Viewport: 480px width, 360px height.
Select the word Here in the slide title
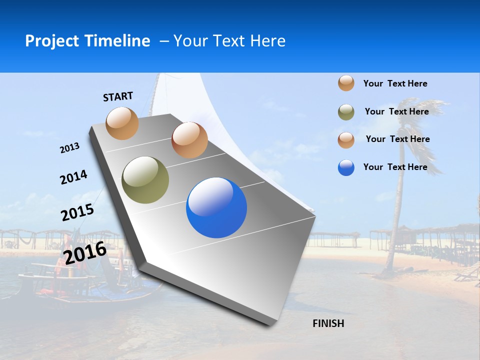click(x=267, y=41)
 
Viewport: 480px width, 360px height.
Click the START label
click(x=118, y=96)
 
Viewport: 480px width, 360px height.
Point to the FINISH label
click(x=328, y=323)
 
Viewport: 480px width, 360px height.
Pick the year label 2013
click(x=69, y=148)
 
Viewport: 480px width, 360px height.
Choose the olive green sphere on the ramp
click(x=145, y=180)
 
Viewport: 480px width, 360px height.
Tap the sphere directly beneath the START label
click(x=122, y=123)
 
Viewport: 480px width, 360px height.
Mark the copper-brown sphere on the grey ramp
click(x=189, y=140)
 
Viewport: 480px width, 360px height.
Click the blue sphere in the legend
click(x=346, y=167)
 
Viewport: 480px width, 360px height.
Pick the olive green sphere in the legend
click(x=346, y=112)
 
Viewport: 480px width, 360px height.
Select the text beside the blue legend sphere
click(x=395, y=167)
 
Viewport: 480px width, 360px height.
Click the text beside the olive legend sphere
click(x=396, y=111)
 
